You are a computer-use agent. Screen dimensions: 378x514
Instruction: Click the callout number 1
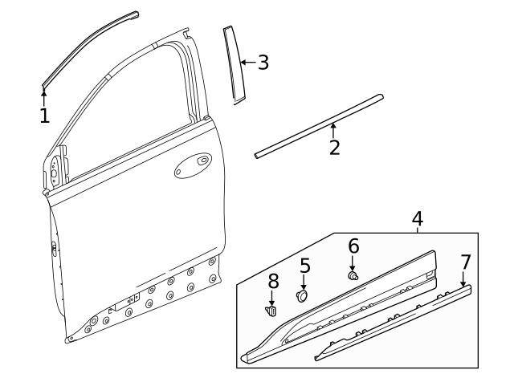44,116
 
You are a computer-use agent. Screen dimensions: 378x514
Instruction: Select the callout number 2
334,147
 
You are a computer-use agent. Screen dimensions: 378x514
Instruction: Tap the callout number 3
263,62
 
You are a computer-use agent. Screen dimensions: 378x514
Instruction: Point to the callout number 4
418,218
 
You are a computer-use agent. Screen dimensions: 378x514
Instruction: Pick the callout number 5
305,265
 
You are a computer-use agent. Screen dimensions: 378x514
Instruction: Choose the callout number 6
353,246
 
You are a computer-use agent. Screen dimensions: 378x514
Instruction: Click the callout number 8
273,281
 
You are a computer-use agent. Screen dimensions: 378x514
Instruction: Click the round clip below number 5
303,295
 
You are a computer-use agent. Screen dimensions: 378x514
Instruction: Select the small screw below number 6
353,275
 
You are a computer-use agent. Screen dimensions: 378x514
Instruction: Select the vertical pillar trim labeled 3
234,64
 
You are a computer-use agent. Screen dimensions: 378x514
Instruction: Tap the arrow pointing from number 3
247,62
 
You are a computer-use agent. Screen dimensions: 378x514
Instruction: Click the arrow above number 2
333,129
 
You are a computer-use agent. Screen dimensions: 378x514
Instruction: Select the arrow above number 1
44,96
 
